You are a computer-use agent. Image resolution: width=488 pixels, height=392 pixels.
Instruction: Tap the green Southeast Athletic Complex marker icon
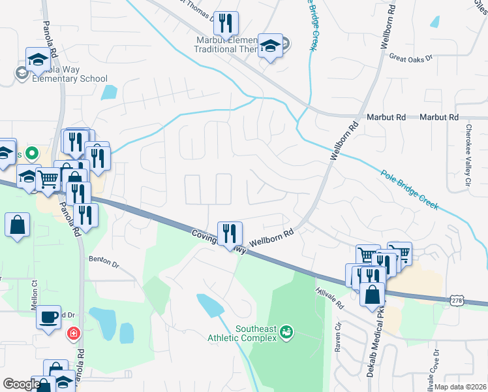286,334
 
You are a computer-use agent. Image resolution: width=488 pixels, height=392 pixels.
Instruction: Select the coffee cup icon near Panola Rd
48,316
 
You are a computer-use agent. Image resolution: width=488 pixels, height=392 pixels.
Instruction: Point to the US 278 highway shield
457,299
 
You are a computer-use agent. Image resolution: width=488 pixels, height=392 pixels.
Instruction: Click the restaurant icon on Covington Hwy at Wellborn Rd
230,233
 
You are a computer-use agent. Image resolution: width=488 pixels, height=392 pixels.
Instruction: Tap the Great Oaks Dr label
411,58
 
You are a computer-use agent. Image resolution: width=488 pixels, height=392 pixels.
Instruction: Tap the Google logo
22,384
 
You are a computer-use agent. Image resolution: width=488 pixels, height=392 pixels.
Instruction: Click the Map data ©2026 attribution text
460,387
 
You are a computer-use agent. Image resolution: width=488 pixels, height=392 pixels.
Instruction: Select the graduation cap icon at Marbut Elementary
270,45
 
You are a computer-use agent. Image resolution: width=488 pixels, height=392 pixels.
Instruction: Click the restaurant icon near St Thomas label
226,23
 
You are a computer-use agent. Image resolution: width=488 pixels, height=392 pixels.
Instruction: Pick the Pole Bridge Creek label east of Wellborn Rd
410,190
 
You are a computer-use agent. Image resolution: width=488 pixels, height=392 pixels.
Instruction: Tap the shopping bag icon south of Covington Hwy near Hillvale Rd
372,294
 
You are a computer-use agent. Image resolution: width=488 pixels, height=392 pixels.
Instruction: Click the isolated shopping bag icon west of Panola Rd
17,225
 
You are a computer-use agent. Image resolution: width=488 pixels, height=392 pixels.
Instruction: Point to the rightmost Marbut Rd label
438,117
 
